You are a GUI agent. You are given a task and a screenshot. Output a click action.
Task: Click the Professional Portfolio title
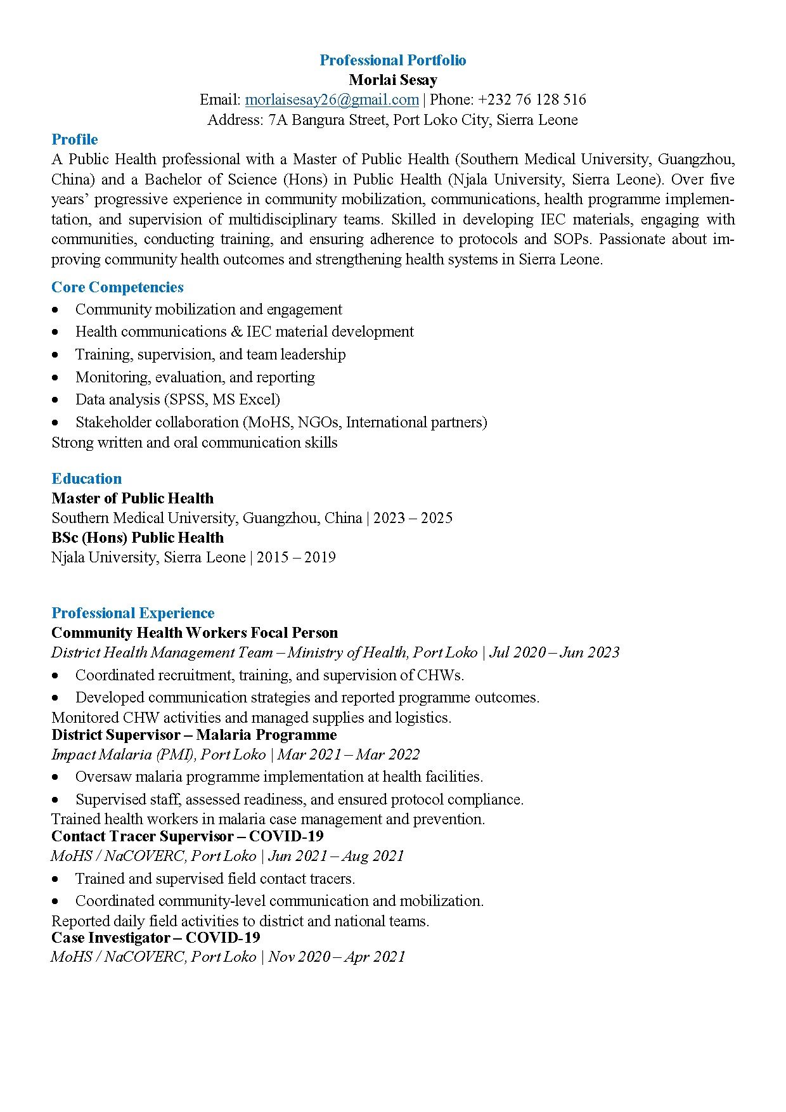pyautogui.click(x=392, y=60)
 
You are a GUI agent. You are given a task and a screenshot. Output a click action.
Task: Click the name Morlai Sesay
pyautogui.click(x=392, y=80)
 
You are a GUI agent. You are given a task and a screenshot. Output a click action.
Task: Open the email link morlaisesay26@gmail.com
pyautogui.click(x=332, y=100)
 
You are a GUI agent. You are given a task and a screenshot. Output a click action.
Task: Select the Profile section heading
pyautogui.click(x=75, y=139)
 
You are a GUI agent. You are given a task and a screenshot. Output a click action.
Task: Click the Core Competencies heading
pyautogui.click(x=117, y=287)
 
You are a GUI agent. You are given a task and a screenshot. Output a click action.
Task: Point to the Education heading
pyautogui.click(x=86, y=479)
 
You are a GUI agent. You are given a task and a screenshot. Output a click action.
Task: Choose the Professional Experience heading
pyautogui.click(x=132, y=613)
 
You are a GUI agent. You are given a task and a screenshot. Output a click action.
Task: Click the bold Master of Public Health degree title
pyautogui.click(x=132, y=498)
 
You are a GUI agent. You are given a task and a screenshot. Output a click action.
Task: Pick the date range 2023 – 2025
pyautogui.click(x=413, y=518)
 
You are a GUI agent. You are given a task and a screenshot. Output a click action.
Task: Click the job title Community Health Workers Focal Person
pyautogui.click(x=195, y=633)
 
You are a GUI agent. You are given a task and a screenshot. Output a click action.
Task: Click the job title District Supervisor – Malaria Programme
pyautogui.click(x=194, y=735)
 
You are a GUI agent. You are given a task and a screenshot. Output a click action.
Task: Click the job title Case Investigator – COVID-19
pyautogui.click(x=156, y=938)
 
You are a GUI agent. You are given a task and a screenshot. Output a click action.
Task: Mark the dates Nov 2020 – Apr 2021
pyautogui.click(x=337, y=957)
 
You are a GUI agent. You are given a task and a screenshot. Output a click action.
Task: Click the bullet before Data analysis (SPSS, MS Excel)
pyautogui.click(x=56, y=400)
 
